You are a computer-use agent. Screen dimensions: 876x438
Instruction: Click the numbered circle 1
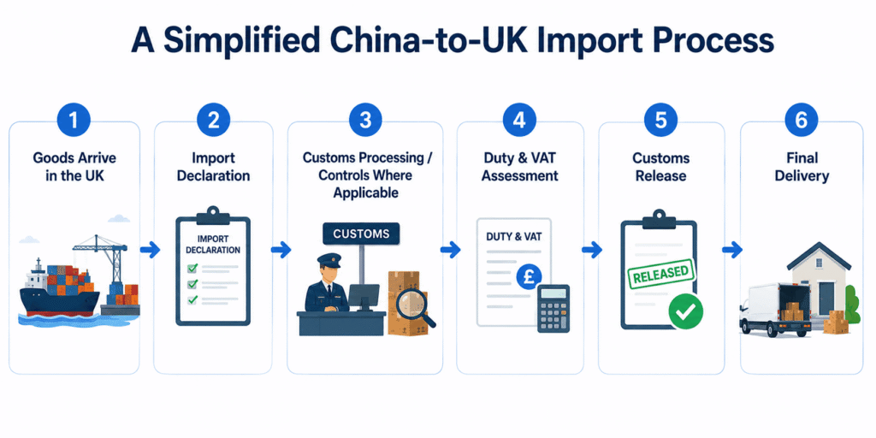tap(74, 120)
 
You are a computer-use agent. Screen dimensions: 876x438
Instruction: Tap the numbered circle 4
tap(519, 120)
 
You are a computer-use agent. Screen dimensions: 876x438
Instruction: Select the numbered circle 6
tap(801, 120)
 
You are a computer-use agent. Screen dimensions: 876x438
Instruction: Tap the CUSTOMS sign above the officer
tap(362, 234)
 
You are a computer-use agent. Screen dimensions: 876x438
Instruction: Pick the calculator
tap(553, 308)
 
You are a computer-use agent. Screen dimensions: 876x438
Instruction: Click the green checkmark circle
tap(685, 311)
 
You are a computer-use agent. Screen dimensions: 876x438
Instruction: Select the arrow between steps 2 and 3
tap(281, 250)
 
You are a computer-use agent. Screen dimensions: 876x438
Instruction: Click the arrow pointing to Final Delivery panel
tap(732, 250)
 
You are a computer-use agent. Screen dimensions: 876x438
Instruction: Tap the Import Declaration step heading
tap(213, 167)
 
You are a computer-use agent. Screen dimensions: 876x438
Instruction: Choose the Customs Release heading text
tap(661, 167)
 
